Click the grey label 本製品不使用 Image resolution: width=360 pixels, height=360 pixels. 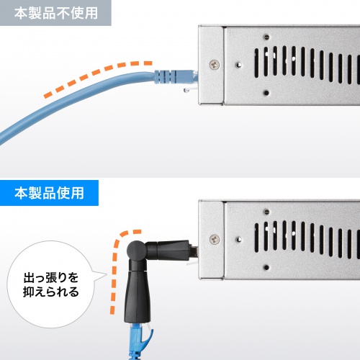[x=55, y=13]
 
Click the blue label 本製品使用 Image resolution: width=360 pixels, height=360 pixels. [x=49, y=193]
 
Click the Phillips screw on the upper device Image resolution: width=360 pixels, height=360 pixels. [x=214, y=64]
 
